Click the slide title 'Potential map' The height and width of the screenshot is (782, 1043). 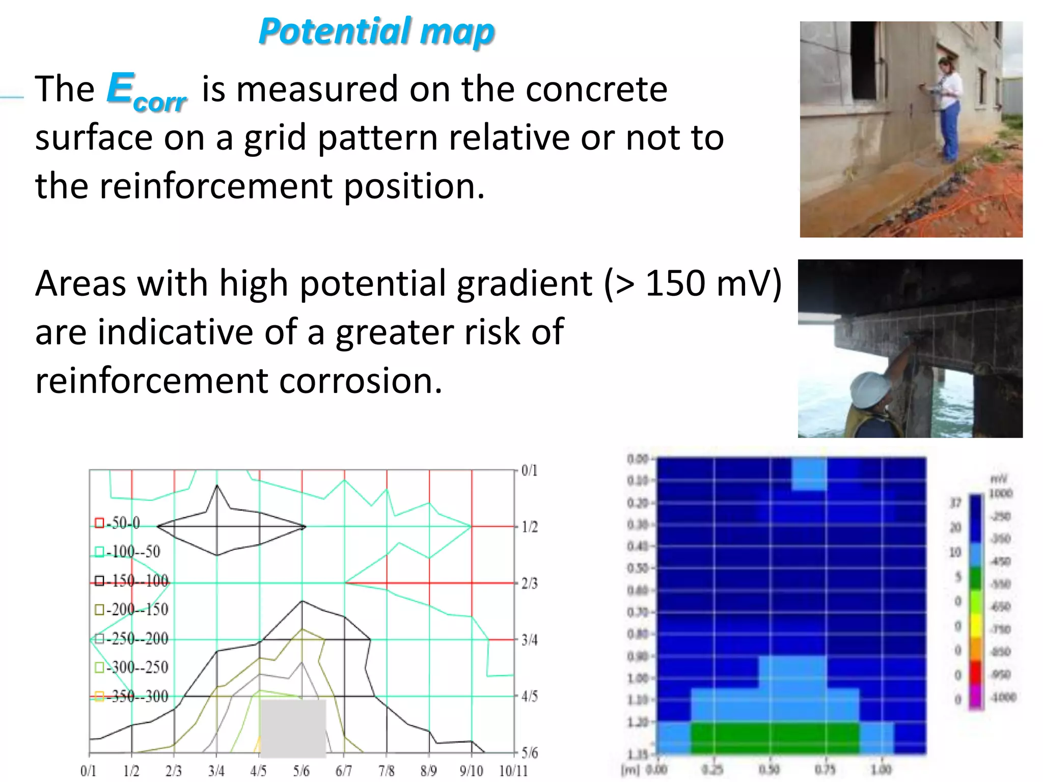[x=376, y=31]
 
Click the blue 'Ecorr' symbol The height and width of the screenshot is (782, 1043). [x=147, y=92]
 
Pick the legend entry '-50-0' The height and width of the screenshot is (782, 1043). [x=118, y=523]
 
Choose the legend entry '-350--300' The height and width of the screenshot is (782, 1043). [x=132, y=696]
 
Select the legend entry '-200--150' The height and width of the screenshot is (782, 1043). [x=132, y=609]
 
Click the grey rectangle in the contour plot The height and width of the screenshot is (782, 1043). [x=293, y=728]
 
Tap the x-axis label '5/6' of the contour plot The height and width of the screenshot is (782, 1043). [x=301, y=771]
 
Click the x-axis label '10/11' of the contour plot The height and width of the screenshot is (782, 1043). [x=513, y=771]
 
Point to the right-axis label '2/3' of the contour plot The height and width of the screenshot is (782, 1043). [x=530, y=583]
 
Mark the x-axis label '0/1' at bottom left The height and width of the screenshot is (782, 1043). [x=88, y=771]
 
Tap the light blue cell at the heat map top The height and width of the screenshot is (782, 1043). [x=809, y=473]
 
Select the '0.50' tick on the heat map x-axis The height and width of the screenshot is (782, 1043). [x=769, y=769]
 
